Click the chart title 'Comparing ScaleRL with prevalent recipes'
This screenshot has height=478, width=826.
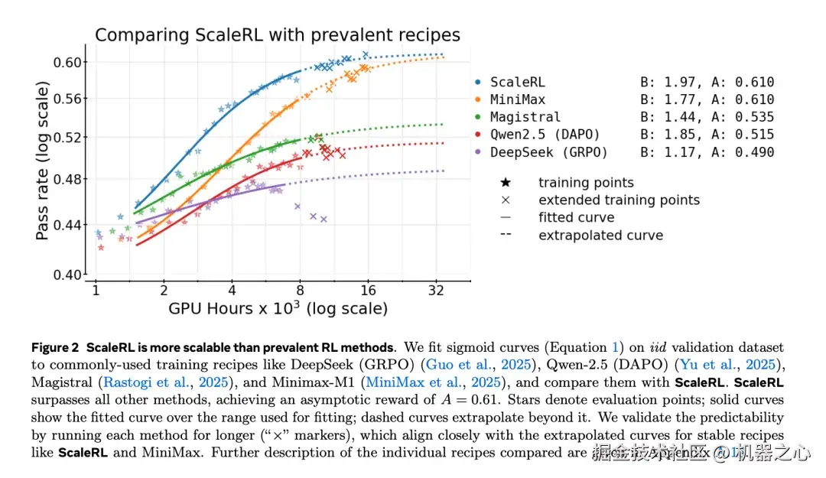point(277,34)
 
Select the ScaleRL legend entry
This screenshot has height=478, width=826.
point(517,82)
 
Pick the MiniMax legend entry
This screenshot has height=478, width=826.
point(517,99)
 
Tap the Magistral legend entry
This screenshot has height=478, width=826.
point(525,117)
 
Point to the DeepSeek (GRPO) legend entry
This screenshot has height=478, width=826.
point(548,152)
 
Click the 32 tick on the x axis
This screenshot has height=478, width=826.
point(437,291)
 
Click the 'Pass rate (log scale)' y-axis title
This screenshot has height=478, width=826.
point(44,165)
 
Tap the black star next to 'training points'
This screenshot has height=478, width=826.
point(505,183)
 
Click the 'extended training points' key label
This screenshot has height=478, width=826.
point(619,200)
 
